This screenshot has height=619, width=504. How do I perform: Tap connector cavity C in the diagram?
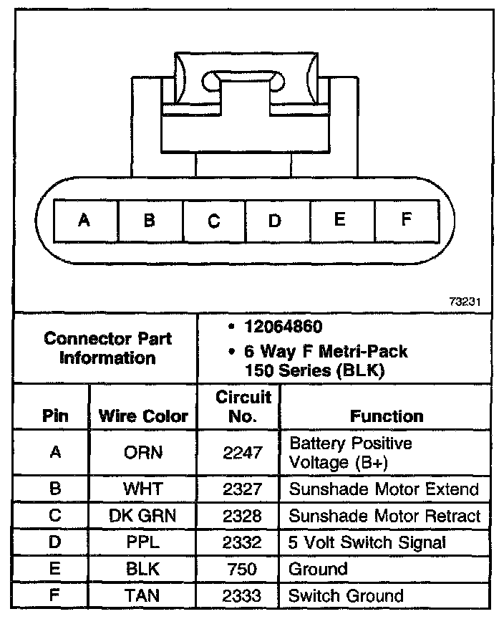[x=214, y=221]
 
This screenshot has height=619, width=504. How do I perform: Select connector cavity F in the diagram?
[x=406, y=220]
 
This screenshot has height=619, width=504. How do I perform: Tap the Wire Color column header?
[x=143, y=416]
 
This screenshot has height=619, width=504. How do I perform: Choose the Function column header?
[x=387, y=416]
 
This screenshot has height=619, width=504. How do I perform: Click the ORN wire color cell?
[x=143, y=453]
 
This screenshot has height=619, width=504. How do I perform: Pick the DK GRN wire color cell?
[x=143, y=516]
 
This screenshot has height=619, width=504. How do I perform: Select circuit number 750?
[x=237, y=569]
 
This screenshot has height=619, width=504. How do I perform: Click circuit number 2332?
[x=237, y=542]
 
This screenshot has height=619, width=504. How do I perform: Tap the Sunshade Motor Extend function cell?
[x=383, y=489]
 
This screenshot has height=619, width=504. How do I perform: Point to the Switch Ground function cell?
[x=346, y=595]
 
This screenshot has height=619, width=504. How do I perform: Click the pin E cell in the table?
[x=55, y=569]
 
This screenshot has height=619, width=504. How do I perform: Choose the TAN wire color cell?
[x=143, y=595]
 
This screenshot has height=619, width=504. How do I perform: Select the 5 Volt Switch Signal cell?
[x=367, y=542]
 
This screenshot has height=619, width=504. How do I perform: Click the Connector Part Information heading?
[x=107, y=347]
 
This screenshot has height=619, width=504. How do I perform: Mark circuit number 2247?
[x=237, y=453]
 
